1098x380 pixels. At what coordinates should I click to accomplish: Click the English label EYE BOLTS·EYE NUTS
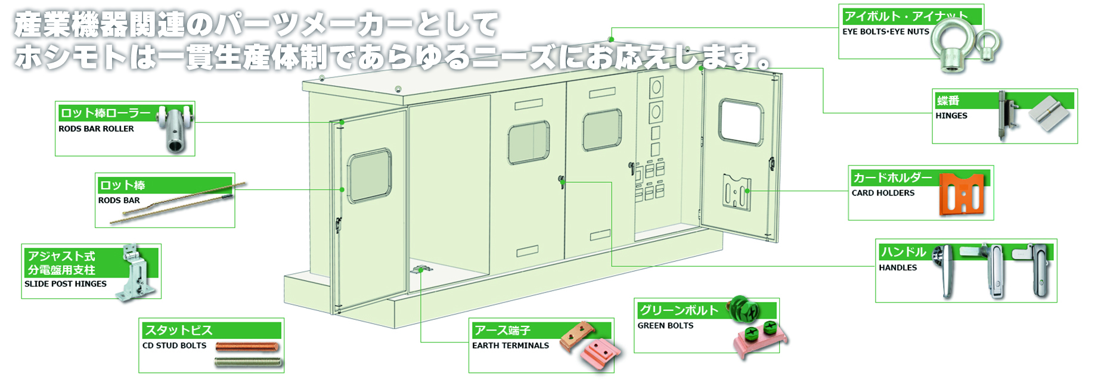(x=885, y=32)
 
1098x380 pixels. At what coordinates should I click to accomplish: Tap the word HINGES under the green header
(x=951, y=116)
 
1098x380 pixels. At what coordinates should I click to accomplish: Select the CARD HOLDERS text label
(x=883, y=193)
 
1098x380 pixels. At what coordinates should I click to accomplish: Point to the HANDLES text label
(x=898, y=267)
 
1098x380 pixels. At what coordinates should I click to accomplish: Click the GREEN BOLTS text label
(x=665, y=326)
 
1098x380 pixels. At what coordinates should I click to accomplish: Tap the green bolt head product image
(x=745, y=309)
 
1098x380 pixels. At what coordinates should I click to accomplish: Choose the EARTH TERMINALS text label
(x=510, y=345)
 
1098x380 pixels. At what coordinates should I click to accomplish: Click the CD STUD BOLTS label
(x=174, y=345)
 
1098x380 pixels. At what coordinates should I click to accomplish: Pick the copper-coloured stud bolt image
(x=247, y=347)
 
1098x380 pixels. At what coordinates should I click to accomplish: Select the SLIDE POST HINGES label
(x=66, y=284)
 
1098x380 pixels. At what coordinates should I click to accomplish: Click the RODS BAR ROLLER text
(x=96, y=129)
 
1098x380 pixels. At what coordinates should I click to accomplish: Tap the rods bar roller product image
(x=177, y=129)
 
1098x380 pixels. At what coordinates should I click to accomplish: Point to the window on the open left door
(x=370, y=176)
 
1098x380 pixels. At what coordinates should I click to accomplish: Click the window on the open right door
(x=741, y=122)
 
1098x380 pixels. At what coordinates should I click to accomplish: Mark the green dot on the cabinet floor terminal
(x=421, y=270)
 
